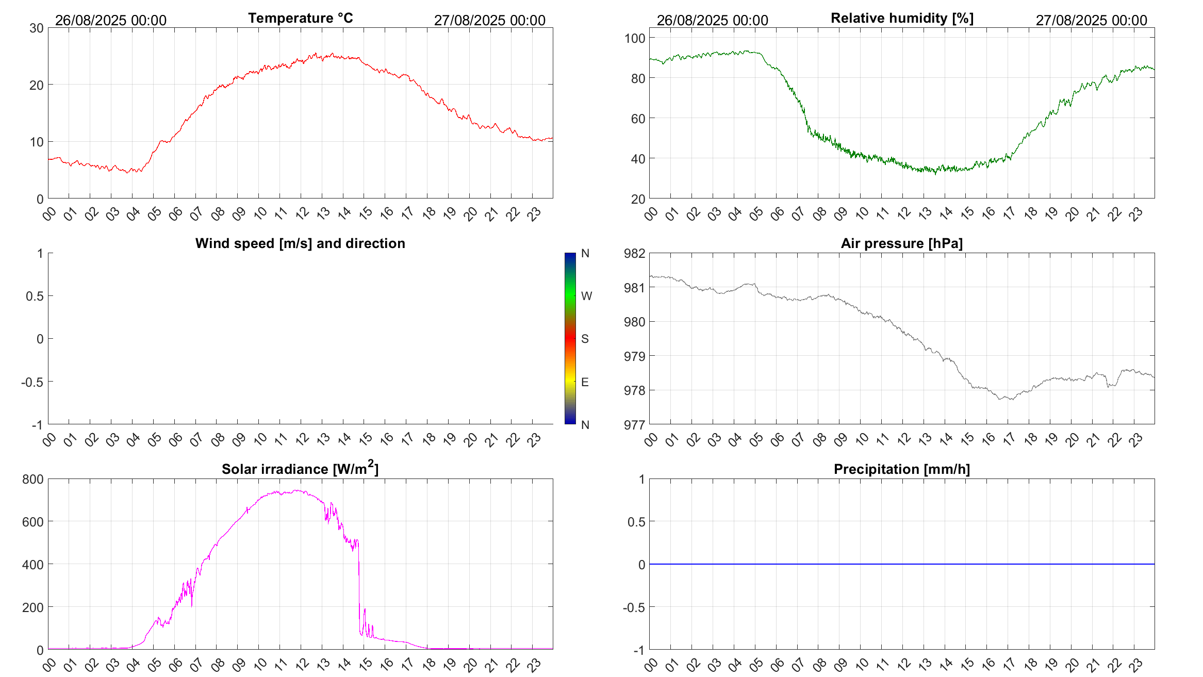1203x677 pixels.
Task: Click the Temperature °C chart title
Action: (x=300, y=18)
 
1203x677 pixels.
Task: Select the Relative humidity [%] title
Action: (x=902, y=18)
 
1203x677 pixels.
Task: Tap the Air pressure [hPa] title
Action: (x=901, y=243)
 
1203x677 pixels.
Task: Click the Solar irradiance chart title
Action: (x=300, y=469)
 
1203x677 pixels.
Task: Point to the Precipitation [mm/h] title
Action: (x=901, y=469)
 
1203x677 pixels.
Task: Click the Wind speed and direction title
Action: (x=300, y=243)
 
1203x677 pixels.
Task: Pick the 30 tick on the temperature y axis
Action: (x=37, y=28)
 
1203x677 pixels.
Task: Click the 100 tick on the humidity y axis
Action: (x=635, y=38)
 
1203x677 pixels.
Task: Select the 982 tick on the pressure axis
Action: (x=634, y=253)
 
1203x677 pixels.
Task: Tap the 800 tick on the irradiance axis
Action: (x=33, y=479)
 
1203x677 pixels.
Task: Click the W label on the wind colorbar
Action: (x=586, y=296)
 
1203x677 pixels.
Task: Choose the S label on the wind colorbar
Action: (x=585, y=339)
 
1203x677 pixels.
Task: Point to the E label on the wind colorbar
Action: (x=585, y=382)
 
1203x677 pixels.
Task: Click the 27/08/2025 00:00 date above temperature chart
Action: (x=489, y=20)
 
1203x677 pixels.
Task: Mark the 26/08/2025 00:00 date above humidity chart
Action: (x=712, y=20)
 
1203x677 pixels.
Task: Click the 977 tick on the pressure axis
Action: (x=634, y=425)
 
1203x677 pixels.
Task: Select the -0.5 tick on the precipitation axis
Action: (x=634, y=607)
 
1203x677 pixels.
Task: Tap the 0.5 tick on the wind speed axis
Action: (x=35, y=296)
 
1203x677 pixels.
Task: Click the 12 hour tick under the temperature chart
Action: (x=302, y=213)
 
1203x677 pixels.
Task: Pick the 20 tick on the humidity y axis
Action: (x=638, y=199)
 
